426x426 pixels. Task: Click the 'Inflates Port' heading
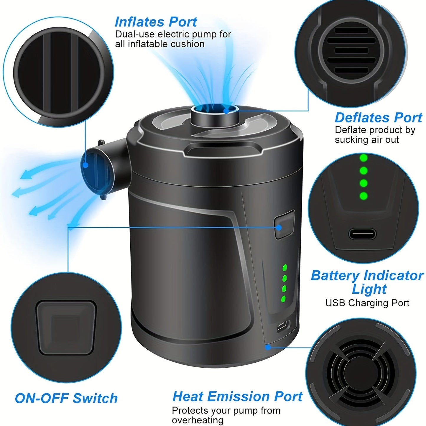coord(156,22)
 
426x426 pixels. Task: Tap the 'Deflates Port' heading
coord(378,118)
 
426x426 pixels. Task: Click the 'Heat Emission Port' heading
coord(237,397)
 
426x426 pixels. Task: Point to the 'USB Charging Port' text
coord(367,303)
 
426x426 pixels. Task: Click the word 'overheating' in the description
coord(198,420)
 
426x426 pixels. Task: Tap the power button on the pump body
coord(284,224)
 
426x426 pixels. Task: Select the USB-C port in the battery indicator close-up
coord(362,234)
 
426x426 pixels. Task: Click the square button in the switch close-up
coord(66,327)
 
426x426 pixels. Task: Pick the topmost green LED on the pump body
coord(284,268)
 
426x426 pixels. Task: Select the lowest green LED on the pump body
coord(284,299)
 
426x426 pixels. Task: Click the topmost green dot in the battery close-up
coord(364,158)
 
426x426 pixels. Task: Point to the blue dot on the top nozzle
coord(226,111)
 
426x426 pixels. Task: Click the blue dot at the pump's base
coord(268,347)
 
